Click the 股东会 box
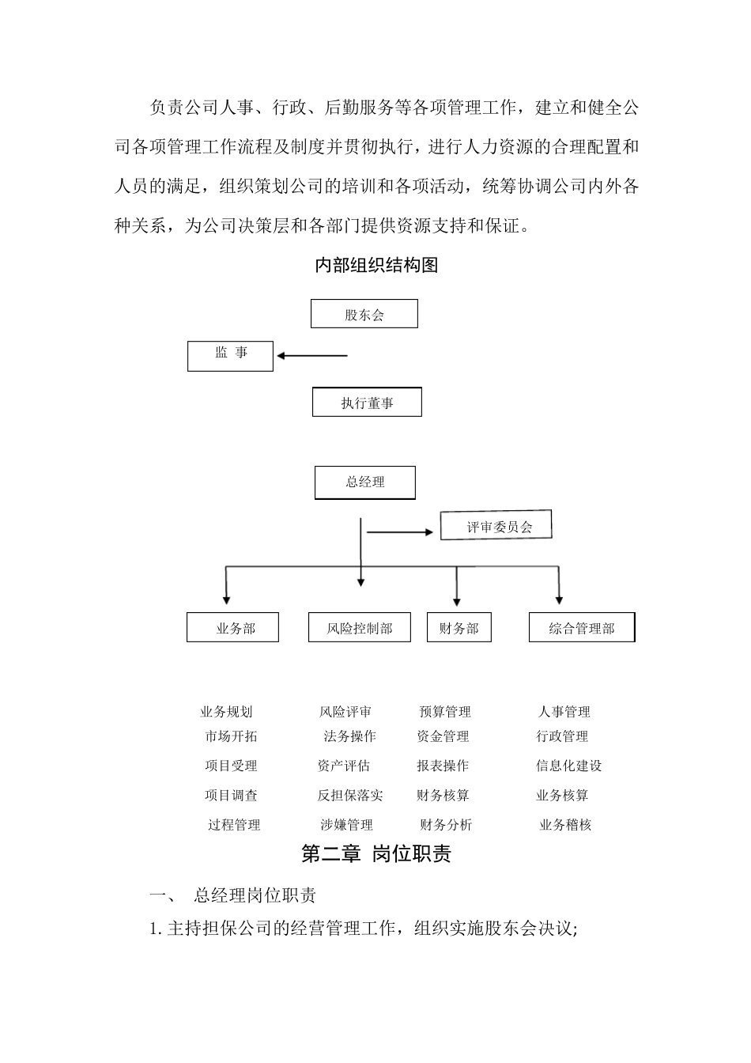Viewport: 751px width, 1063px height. click(x=364, y=314)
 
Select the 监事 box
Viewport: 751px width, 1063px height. click(x=230, y=356)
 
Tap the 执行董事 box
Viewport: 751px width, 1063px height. click(x=367, y=403)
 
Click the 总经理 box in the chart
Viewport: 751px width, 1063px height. click(x=364, y=482)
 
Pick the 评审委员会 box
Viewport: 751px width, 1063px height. click(x=496, y=527)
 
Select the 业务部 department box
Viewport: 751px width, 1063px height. click(x=232, y=628)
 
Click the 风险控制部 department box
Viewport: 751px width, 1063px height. click(x=360, y=628)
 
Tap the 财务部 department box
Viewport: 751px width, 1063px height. click(x=459, y=628)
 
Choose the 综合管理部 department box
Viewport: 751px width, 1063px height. click(x=582, y=628)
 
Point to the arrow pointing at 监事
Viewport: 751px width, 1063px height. click(x=312, y=356)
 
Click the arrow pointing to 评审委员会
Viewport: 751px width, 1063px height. click(x=402, y=532)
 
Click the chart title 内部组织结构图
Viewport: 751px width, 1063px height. click(x=376, y=266)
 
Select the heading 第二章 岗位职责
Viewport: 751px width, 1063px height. click(x=376, y=854)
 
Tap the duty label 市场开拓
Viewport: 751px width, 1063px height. click(x=231, y=736)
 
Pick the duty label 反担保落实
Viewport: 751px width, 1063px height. click(x=350, y=796)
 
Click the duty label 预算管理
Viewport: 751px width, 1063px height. click(x=445, y=712)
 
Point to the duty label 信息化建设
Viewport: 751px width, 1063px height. click(x=568, y=766)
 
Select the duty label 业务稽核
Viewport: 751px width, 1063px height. click(x=565, y=825)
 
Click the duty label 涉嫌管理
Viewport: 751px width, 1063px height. click(x=346, y=825)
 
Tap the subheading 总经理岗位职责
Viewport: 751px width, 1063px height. click(x=255, y=896)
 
